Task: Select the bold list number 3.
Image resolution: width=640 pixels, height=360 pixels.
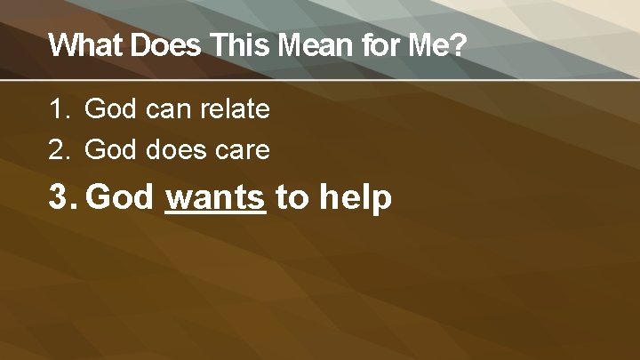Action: click(61, 197)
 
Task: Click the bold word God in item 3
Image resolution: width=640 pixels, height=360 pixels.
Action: click(122, 197)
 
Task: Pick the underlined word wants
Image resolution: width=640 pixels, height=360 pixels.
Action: click(216, 197)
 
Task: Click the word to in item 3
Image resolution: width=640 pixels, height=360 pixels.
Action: click(292, 197)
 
